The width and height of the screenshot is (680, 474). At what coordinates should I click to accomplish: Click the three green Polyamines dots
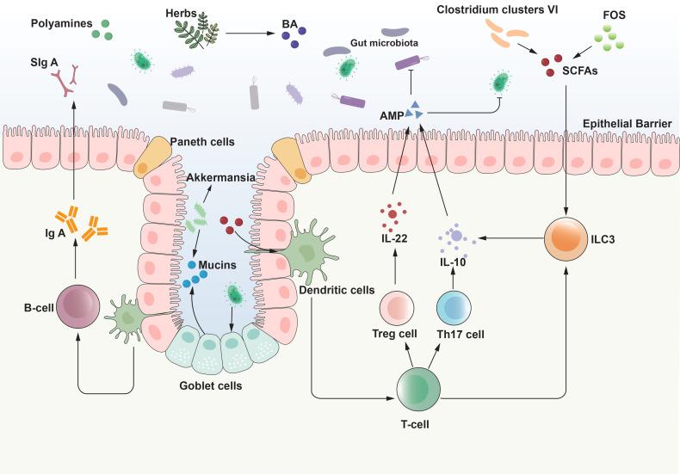pyautogui.click(x=104, y=31)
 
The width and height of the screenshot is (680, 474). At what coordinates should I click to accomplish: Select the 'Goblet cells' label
pyautogui.click(x=211, y=385)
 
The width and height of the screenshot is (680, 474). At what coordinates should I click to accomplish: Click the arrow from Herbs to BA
pyautogui.click(x=251, y=35)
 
